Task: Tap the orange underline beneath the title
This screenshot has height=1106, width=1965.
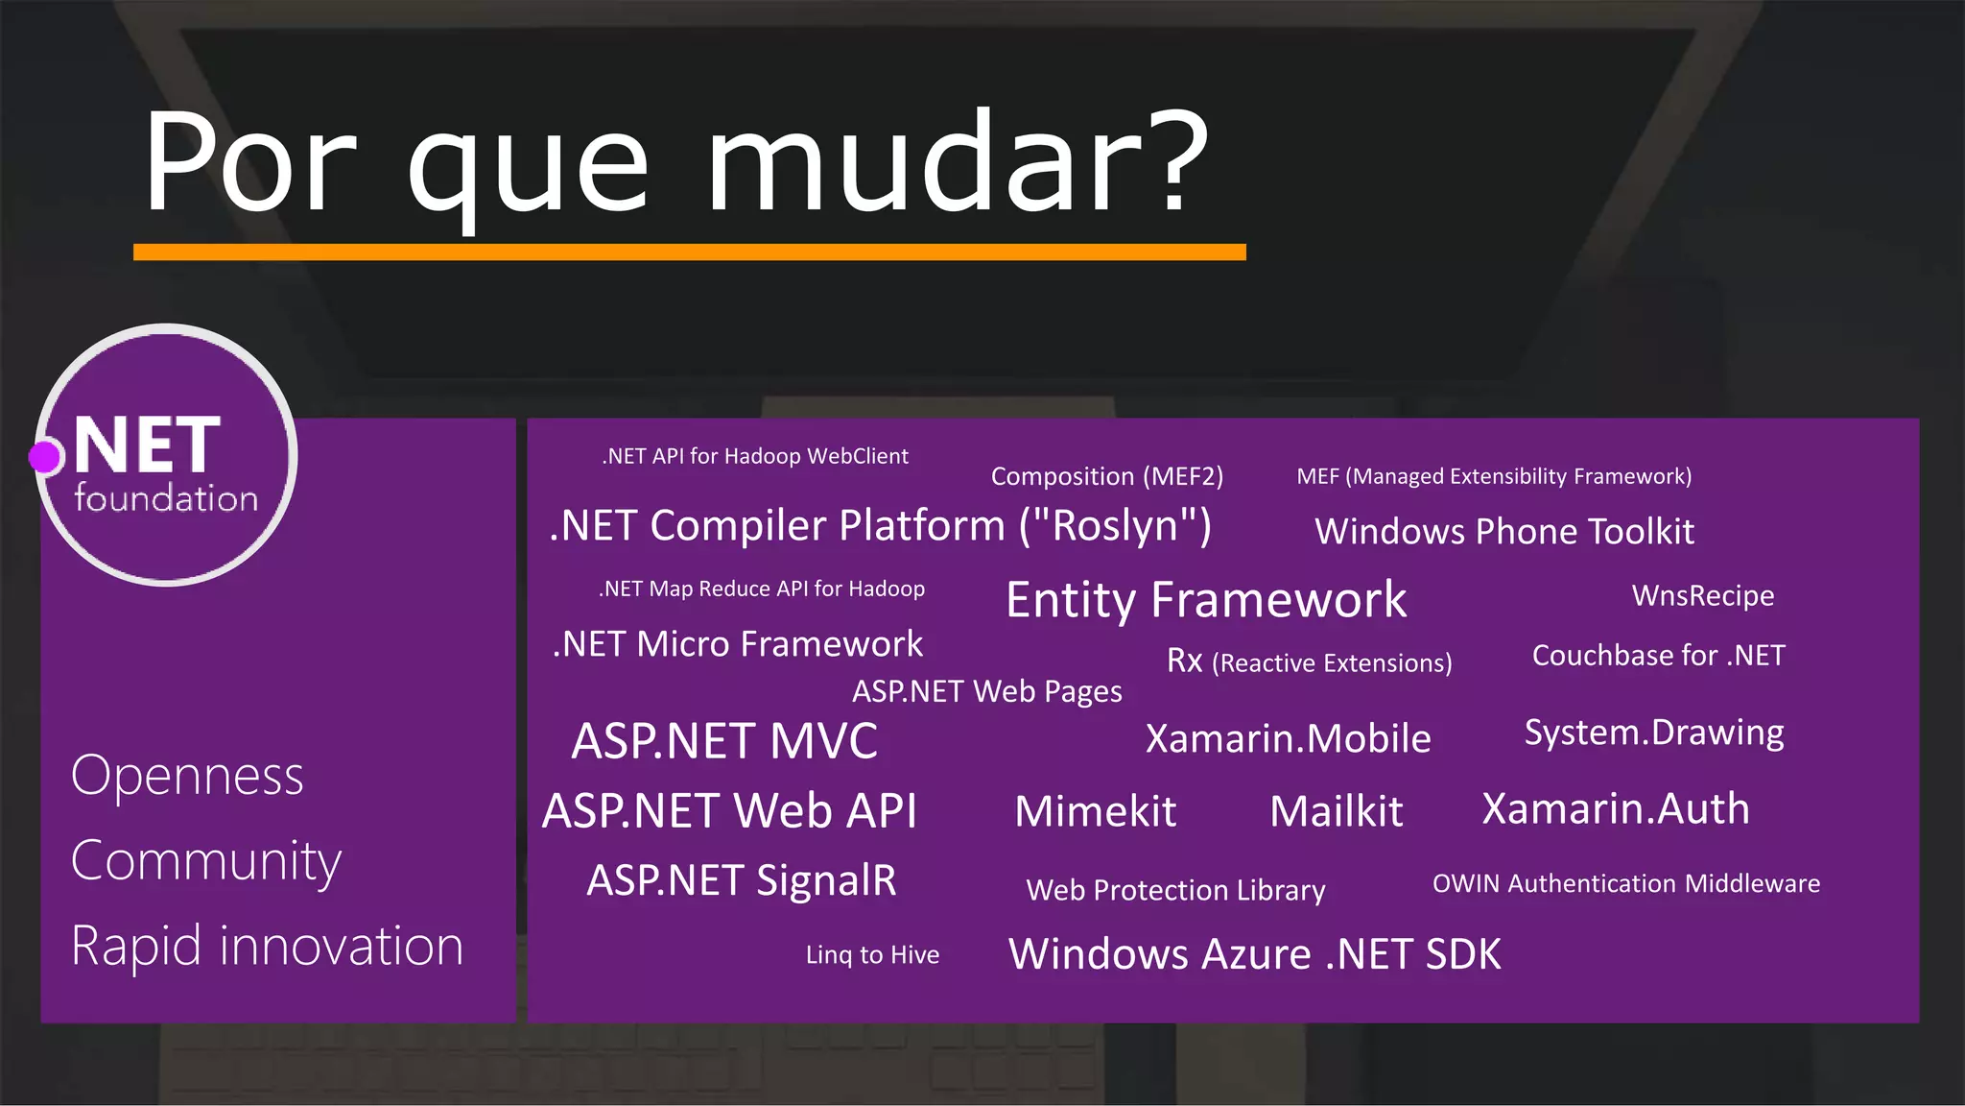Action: tap(689, 252)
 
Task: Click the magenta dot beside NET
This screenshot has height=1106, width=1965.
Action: tap(45, 457)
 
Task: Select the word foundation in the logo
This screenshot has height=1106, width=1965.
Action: tap(166, 498)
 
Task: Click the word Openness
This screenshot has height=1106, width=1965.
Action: tap(187, 776)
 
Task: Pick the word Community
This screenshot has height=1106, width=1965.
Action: tap(205, 861)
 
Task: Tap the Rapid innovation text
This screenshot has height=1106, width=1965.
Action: tap(267, 947)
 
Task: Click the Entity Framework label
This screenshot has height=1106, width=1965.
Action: tap(1205, 600)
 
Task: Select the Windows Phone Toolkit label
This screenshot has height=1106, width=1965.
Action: tap(1503, 532)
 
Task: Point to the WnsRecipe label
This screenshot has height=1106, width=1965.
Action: tap(1702, 596)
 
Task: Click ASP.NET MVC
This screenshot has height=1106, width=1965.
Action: tap(724, 741)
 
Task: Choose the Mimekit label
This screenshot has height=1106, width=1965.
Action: tap(1095, 812)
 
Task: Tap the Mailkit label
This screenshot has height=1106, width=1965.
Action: tap(1336, 812)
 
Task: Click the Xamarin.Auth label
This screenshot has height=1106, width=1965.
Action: tap(1615, 809)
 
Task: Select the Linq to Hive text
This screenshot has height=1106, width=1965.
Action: tap(872, 955)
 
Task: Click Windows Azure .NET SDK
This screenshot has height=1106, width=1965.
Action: tap(1254, 954)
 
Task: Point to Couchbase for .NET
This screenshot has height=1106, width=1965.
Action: tap(1658, 656)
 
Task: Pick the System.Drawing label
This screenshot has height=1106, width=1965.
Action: tap(1653, 733)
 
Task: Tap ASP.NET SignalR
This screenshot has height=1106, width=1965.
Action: tap(741, 880)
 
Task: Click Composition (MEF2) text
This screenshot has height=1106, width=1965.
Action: tap(1106, 477)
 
